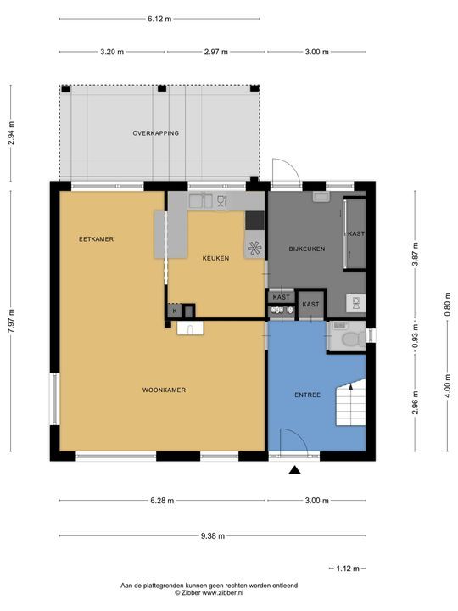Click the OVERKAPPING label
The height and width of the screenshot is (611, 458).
point(155,133)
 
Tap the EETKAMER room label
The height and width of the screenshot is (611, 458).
point(96,239)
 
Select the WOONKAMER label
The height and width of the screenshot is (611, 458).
point(164,390)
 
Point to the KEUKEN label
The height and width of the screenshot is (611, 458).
point(215,258)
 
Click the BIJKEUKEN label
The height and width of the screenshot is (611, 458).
point(307,249)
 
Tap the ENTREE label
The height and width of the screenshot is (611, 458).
point(308,395)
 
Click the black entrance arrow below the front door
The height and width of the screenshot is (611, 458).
point(295,470)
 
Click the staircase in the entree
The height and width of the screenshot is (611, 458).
point(351,403)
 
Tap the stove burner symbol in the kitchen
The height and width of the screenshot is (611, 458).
point(254,248)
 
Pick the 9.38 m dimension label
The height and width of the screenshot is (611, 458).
point(213,536)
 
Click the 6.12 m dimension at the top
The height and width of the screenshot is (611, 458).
point(159,19)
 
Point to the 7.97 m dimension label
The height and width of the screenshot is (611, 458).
point(11,321)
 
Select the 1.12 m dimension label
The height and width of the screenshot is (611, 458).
point(348,569)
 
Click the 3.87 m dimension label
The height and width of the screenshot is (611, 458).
point(415,254)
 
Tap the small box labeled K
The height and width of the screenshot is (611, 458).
point(175,311)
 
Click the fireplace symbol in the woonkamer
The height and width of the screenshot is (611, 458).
point(191,328)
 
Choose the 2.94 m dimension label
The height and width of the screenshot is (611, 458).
point(11,133)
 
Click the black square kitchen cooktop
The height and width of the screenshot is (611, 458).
point(254,221)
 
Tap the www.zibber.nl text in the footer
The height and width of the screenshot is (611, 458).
point(222,593)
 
